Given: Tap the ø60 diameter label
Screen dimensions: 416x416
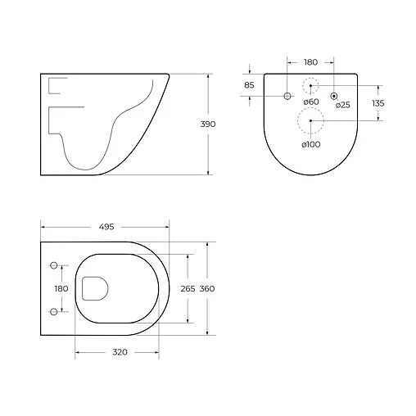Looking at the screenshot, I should [311, 102].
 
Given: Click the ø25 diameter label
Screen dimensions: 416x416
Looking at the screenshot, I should [342, 105].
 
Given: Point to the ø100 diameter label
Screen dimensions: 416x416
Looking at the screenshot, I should [310, 144].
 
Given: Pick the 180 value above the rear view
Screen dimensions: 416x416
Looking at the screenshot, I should [310, 61].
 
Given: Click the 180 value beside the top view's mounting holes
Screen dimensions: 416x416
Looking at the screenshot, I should [61, 289].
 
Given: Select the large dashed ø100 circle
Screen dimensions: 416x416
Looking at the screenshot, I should [310, 120].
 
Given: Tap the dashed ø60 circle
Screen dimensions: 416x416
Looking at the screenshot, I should [310, 85].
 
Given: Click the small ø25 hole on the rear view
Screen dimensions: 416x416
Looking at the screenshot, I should [334, 97].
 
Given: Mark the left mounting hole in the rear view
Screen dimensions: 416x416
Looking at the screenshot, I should [287, 97].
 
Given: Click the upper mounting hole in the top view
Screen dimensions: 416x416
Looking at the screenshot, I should [54, 266].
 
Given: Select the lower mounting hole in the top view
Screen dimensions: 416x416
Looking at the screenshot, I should [54, 310].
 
